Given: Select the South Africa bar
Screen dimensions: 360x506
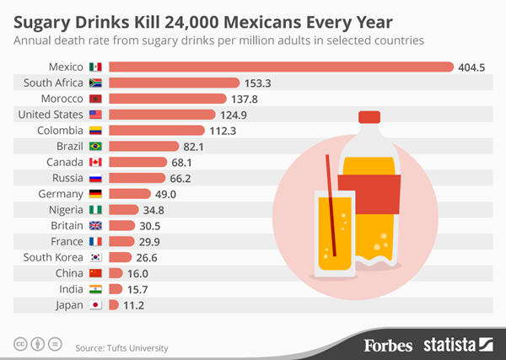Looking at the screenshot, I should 174,83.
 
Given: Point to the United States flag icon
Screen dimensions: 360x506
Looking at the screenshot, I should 95,115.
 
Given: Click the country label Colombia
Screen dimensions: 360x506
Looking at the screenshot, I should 60,131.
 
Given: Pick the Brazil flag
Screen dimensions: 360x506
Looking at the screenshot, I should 95,146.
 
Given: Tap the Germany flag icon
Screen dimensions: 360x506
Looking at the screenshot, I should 95,194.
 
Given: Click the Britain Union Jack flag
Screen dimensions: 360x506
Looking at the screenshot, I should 95,226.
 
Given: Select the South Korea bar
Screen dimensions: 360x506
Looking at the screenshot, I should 120,258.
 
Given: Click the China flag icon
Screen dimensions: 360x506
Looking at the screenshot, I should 95,273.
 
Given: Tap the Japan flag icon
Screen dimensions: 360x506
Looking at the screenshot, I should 95,305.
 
